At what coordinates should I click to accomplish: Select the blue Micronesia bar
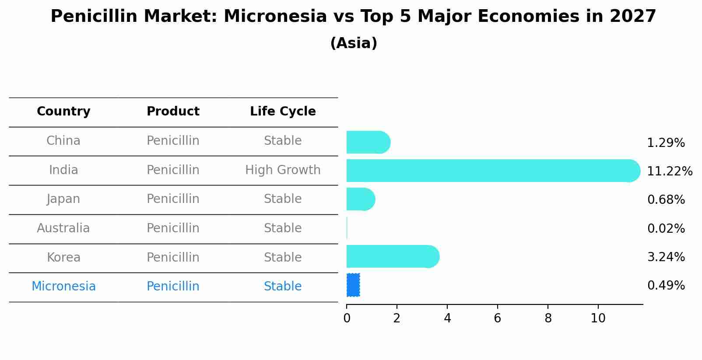(353, 285)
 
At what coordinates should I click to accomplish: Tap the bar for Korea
(392, 256)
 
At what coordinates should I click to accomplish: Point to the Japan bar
(360, 199)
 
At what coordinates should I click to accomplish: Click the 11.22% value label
(669, 171)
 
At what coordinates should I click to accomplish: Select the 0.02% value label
(666, 228)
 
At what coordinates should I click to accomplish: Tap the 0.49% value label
(666, 286)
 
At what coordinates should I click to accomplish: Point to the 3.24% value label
(666, 257)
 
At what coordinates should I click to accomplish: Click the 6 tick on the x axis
(498, 318)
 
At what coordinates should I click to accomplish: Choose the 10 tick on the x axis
(598, 318)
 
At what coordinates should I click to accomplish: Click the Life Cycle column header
(283, 112)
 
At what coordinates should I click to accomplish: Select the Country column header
(63, 112)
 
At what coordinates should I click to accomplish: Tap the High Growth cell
(283, 170)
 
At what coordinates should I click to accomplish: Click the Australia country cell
(63, 228)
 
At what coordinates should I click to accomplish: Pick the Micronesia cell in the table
(63, 286)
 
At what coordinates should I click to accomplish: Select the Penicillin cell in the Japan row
(173, 199)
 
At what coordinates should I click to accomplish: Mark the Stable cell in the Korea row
(283, 257)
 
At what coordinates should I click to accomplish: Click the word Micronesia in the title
(275, 17)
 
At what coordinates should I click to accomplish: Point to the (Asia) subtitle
(354, 43)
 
